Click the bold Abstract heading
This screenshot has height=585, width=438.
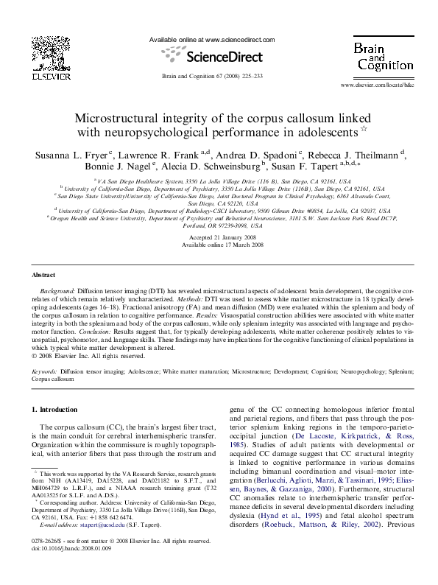click(43, 275)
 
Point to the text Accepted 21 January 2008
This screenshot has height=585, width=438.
click(218, 238)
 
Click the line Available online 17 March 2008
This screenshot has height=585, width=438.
click(218, 245)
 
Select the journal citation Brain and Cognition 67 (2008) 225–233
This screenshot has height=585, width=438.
click(212, 76)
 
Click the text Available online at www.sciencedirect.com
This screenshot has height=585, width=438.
click(212, 39)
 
